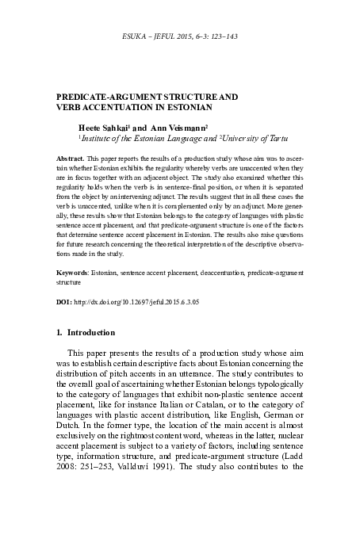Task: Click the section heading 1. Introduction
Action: tap(91, 333)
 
